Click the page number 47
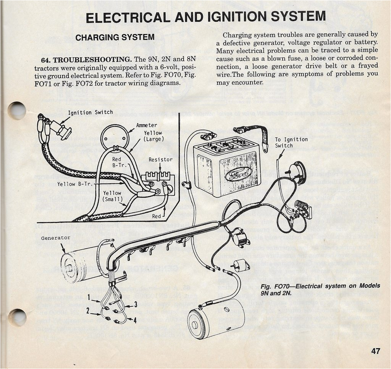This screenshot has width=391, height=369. (x=375, y=351)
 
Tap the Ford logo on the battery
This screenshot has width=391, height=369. (x=238, y=174)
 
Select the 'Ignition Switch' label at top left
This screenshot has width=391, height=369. (x=90, y=112)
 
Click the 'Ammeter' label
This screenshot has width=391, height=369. (x=146, y=125)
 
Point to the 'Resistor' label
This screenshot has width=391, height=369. (x=160, y=159)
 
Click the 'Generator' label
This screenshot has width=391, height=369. (x=56, y=238)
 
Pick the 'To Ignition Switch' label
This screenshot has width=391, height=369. (x=291, y=143)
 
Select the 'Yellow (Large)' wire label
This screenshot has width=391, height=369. (x=153, y=136)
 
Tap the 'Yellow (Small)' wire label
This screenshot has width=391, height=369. (x=112, y=196)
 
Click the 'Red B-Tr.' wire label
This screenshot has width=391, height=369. (x=117, y=162)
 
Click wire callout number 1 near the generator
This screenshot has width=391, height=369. (x=88, y=297)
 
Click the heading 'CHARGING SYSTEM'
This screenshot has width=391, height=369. (x=115, y=37)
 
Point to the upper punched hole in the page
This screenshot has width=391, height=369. (x=17, y=111)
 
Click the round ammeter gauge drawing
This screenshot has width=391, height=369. (x=115, y=138)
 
